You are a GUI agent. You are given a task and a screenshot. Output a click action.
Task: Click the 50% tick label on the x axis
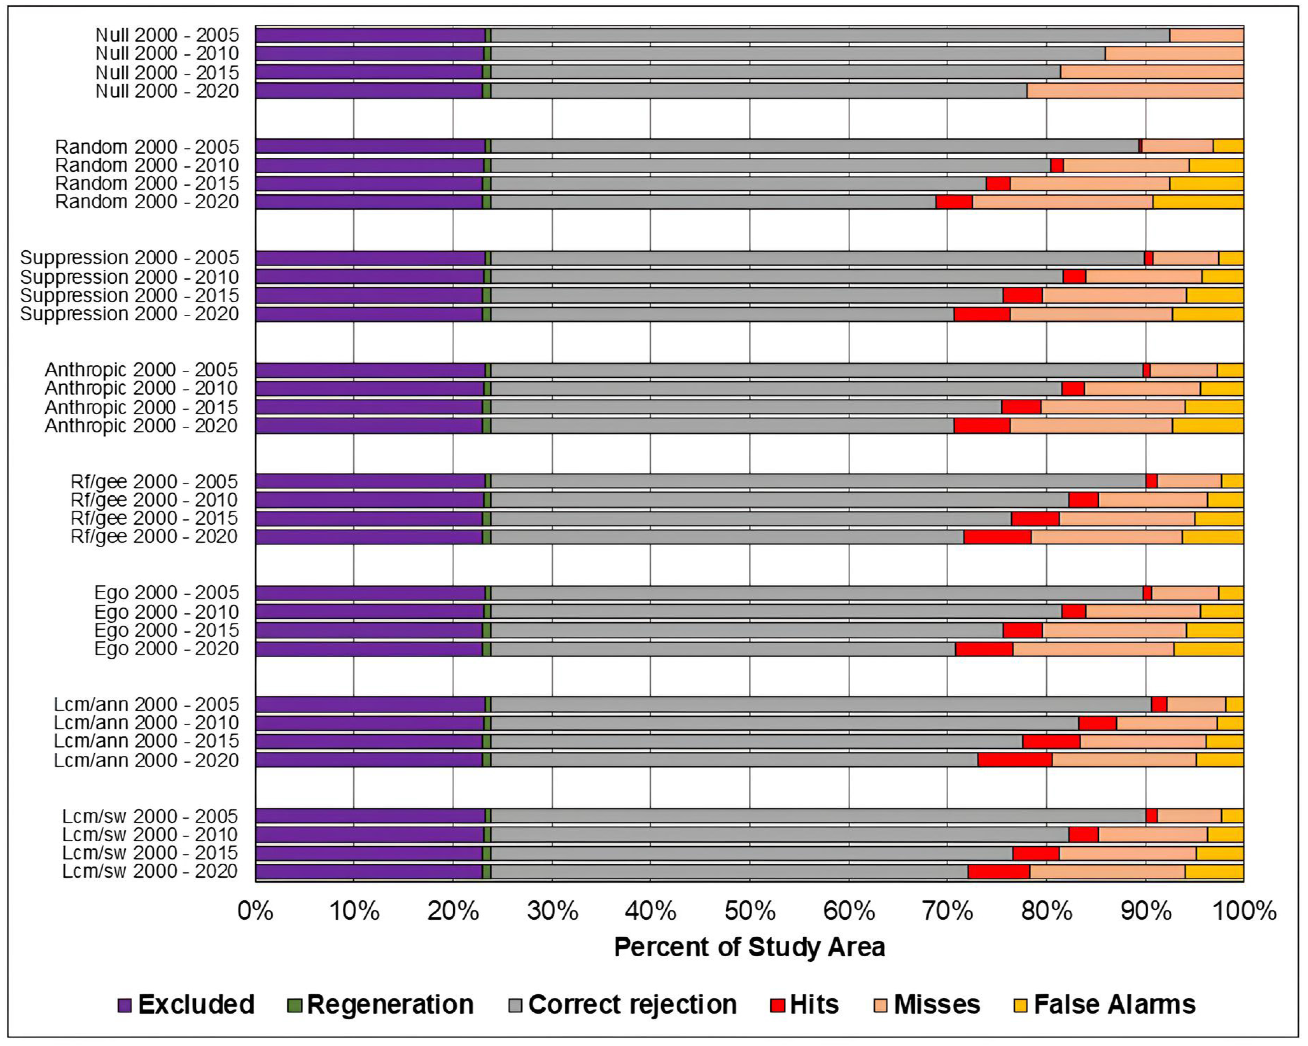pyautogui.click(x=750, y=911)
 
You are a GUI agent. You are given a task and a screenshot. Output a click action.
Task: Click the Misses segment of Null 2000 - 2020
pyautogui.click(x=1134, y=91)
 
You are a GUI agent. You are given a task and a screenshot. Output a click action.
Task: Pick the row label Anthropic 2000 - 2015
pyautogui.click(x=141, y=407)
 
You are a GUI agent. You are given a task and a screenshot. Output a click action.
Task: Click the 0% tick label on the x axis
pyautogui.click(x=255, y=911)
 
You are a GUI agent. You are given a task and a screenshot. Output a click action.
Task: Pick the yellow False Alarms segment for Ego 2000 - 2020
pyautogui.click(x=1208, y=649)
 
